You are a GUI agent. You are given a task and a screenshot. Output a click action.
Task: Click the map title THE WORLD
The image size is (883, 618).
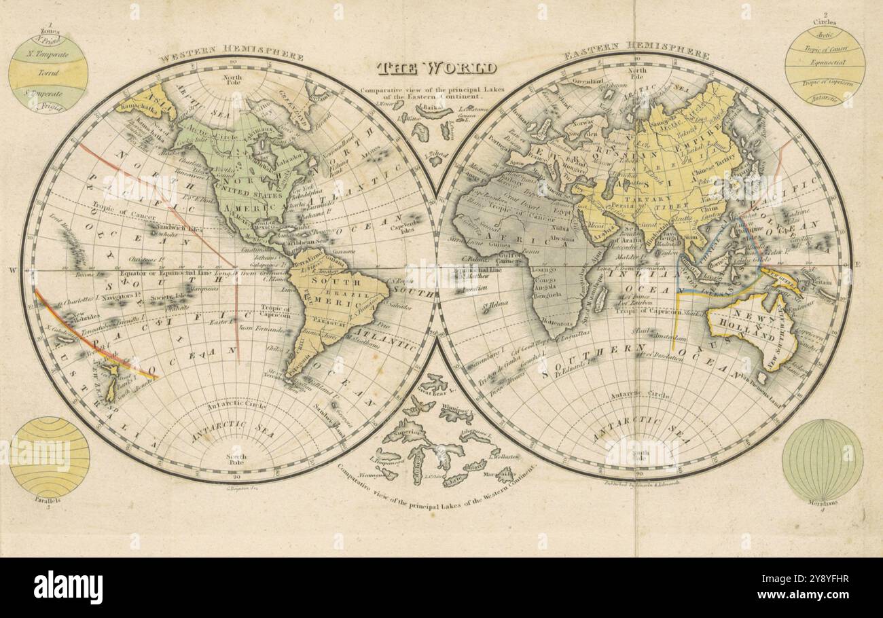click(x=437, y=68)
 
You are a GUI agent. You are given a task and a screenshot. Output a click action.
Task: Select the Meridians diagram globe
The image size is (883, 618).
click(x=822, y=460)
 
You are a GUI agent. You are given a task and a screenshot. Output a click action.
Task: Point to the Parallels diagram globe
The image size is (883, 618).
click(x=50, y=457)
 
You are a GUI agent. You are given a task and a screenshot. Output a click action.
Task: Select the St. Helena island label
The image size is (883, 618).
click(x=497, y=306)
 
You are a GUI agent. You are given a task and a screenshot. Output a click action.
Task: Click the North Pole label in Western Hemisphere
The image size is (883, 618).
click(x=232, y=80)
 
